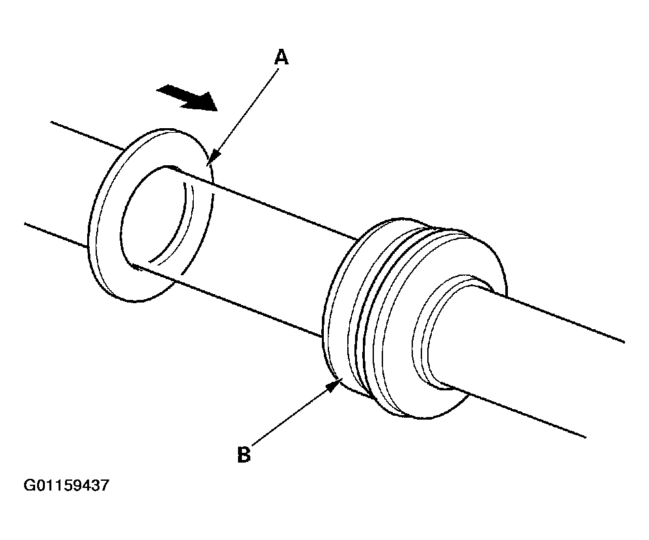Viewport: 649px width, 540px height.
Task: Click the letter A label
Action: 281,58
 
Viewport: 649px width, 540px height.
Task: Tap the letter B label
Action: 244,454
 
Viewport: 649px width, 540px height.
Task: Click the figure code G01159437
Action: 66,486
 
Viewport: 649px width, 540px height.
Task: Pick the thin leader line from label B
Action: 293,416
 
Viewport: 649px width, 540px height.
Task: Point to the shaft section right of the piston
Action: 553,364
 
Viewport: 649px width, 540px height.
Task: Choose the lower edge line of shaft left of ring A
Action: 55,234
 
